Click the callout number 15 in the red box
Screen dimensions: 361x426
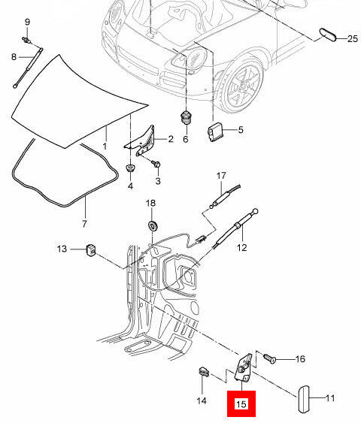click(x=241, y=404)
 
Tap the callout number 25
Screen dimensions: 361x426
click(x=353, y=38)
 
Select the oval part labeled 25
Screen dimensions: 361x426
click(x=328, y=35)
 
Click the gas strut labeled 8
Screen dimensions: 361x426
click(x=28, y=68)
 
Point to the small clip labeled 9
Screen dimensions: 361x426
click(x=26, y=40)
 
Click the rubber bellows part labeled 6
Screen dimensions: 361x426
click(x=186, y=117)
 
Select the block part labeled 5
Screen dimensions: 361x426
click(x=215, y=131)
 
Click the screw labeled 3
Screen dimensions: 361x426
click(x=156, y=164)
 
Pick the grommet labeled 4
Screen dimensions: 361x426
click(x=131, y=168)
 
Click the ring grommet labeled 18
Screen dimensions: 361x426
click(x=153, y=225)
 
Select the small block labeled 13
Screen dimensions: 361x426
click(x=91, y=249)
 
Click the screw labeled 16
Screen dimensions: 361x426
click(x=270, y=358)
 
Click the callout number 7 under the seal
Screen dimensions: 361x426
click(x=84, y=224)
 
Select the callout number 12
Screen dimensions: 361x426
click(x=241, y=247)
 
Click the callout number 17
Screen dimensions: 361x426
click(x=221, y=176)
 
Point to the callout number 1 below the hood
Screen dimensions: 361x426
click(x=105, y=147)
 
